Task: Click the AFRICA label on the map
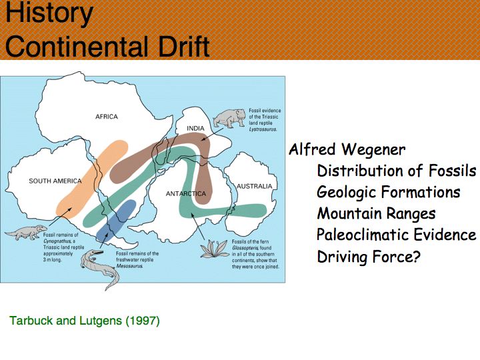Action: (x=107, y=117)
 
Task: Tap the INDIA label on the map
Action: (x=195, y=128)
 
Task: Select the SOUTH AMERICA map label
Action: (x=55, y=181)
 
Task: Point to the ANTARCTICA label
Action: (x=186, y=194)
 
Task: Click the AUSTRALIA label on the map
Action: (x=255, y=186)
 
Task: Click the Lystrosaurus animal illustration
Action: (x=229, y=118)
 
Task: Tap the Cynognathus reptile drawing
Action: (x=26, y=232)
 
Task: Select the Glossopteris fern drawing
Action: (x=215, y=249)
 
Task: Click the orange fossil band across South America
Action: (x=91, y=179)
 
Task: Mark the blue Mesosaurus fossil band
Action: (x=116, y=221)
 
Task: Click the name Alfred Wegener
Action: (x=347, y=150)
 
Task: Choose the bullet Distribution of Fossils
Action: (x=397, y=171)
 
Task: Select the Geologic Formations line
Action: (x=389, y=192)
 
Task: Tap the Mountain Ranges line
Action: (x=376, y=214)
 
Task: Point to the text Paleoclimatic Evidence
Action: (x=397, y=235)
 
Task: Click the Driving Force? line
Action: (x=369, y=257)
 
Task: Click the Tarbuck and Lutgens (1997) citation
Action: (x=85, y=321)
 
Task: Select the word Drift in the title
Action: (x=185, y=46)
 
